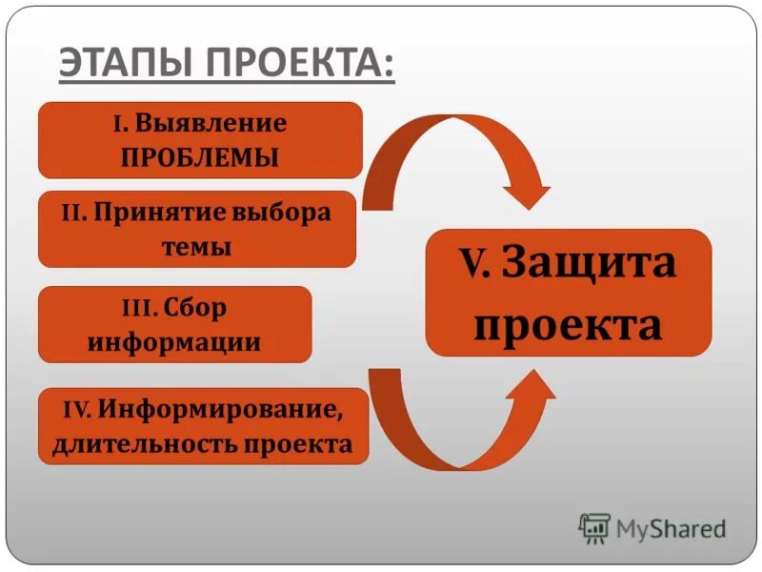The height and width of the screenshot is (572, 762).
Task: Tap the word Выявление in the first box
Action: (x=211, y=124)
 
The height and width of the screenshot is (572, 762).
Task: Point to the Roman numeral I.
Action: (x=119, y=125)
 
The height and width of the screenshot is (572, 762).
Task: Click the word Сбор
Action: (x=194, y=308)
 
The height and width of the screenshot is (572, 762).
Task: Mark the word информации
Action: (x=174, y=341)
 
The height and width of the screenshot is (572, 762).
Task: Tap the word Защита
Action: (x=590, y=263)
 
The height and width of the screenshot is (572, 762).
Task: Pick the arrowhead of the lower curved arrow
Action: (x=530, y=386)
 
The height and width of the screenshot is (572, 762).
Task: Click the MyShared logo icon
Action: (x=595, y=527)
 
